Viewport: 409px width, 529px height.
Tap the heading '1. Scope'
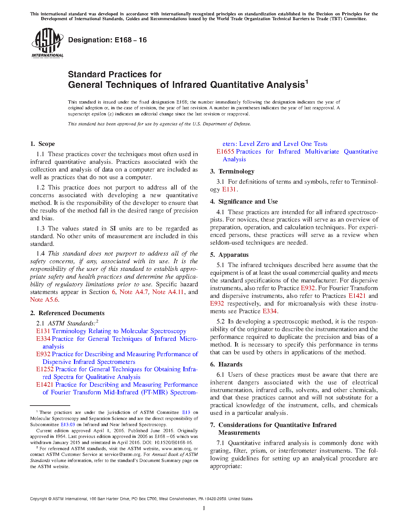(43, 144)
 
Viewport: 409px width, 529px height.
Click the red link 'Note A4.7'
(134, 292)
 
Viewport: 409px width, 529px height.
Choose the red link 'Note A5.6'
(44, 300)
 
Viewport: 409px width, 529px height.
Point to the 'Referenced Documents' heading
(72, 313)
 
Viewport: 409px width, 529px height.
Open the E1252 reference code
(45, 369)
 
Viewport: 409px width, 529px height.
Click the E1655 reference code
(225, 152)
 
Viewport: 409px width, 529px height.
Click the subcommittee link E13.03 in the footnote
(68, 424)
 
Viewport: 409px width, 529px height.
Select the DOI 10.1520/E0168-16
(173, 442)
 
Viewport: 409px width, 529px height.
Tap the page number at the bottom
(204, 508)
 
